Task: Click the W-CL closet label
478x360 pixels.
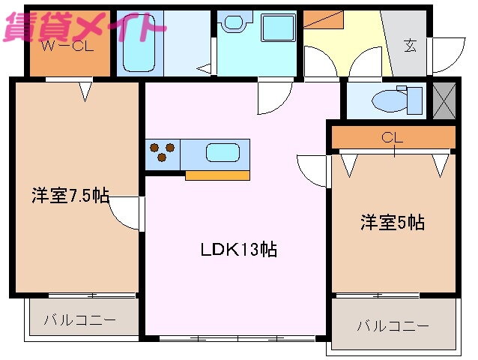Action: [67, 46]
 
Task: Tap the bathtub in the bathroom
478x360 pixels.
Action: [139, 43]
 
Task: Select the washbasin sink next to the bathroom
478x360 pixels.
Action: [234, 22]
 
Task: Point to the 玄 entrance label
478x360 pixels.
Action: [411, 46]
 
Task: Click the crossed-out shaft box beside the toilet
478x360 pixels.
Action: [444, 101]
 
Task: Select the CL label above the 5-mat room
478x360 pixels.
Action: [392, 138]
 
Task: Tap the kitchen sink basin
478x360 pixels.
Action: [223, 152]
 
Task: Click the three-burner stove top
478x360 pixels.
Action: [163, 152]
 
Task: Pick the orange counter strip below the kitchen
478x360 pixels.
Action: [218, 175]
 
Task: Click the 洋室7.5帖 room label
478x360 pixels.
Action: [70, 195]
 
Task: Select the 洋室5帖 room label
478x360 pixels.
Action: [393, 223]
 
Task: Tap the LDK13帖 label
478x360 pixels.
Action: [239, 249]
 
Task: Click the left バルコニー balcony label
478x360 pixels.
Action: [80, 320]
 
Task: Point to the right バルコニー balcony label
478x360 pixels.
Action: [393, 326]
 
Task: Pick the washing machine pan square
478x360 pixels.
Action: [278, 28]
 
